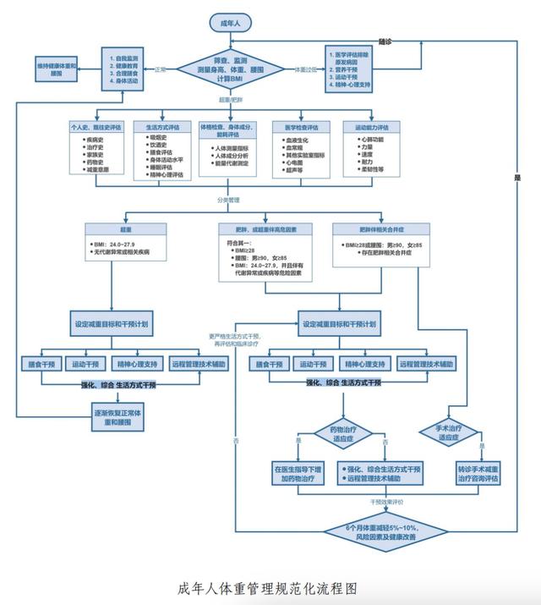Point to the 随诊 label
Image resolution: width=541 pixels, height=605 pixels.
coord(385,41)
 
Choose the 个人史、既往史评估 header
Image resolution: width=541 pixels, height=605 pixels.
coord(96,127)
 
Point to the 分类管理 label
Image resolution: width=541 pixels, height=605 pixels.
coord(227,201)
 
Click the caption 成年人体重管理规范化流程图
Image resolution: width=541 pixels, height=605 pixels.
coord(269,586)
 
